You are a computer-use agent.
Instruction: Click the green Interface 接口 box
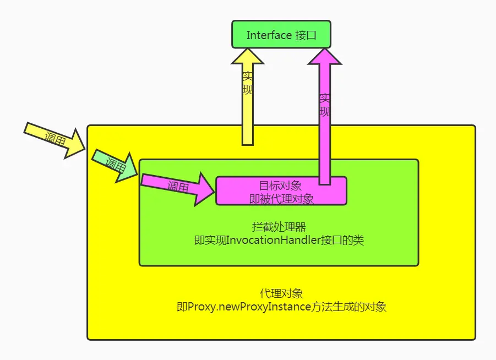pyautogui.click(x=281, y=34)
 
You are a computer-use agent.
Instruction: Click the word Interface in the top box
pyautogui.click(x=269, y=35)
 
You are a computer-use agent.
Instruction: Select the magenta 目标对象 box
pyautogui.click(x=281, y=190)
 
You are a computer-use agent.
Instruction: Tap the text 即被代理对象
pyautogui.click(x=281, y=198)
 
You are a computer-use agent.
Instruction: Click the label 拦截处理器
pyautogui.click(x=279, y=227)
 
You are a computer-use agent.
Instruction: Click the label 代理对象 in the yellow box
pyautogui.click(x=281, y=293)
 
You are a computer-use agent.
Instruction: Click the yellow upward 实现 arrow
pyautogui.click(x=248, y=110)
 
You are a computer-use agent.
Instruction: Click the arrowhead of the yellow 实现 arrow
pyautogui.click(x=248, y=57)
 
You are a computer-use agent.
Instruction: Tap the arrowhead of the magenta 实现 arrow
pyautogui.click(x=325, y=57)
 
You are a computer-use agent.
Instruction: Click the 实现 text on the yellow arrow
pyautogui.click(x=248, y=83)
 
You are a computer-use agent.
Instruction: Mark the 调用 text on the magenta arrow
pyautogui.click(x=178, y=186)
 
